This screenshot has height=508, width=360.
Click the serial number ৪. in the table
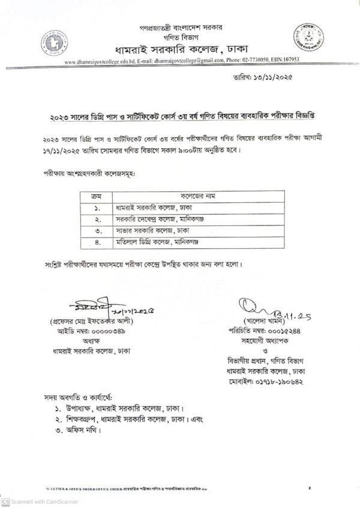tap(97, 242)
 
